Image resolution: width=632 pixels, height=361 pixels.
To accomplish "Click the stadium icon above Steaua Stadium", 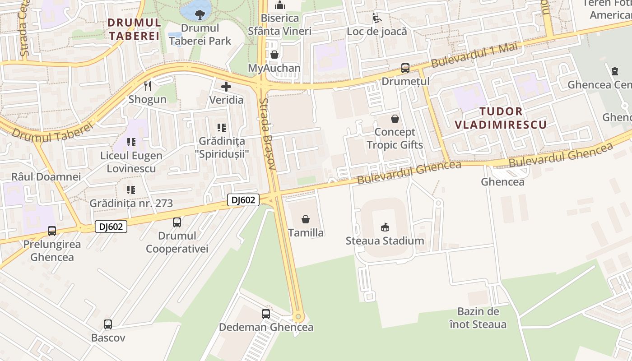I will [x=385, y=227].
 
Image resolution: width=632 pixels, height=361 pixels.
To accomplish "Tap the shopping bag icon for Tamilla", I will [x=306, y=219].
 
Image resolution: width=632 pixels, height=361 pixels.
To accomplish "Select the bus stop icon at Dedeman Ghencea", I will [x=266, y=314].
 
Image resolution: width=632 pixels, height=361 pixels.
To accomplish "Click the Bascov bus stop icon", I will [x=108, y=324].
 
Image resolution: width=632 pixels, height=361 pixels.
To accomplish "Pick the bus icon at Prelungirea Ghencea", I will [x=52, y=231].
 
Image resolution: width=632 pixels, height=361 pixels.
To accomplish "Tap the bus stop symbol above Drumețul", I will [x=405, y=68].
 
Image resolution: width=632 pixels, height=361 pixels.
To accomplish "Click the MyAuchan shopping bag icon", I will [x=274, y=55].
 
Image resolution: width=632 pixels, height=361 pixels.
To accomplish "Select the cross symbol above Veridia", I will [x=226, y=86].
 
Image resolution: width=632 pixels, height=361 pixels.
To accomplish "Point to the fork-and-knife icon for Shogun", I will [x=147, y=86].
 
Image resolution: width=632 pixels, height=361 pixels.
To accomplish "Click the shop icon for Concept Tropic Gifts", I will [x=395, y=119].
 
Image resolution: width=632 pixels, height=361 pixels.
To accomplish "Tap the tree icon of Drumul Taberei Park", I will [x=200, y=14].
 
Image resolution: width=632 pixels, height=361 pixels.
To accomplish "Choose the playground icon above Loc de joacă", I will [x=376, y=18].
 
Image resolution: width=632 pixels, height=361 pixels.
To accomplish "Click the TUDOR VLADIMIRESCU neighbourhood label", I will [x=501, y=118].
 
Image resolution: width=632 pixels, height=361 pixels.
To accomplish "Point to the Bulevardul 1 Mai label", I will [x=474, y=56].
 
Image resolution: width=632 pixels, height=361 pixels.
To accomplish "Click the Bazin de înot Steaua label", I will [x=478, y=318].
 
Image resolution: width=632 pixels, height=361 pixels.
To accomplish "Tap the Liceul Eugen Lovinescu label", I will [x=131, y=162].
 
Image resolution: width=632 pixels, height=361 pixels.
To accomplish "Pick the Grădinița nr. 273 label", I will [x=131, y=203].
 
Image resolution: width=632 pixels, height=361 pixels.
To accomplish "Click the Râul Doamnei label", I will [x=46, y=176].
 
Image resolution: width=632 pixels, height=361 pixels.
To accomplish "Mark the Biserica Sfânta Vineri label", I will [x=280, y=24].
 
